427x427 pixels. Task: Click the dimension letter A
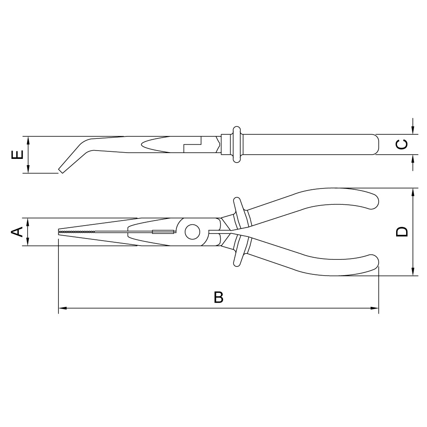pos(17,232)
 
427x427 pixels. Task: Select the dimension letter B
pos(219,297)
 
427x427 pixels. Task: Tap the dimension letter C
pos(402,144)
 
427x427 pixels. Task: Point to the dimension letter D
pos(402,231)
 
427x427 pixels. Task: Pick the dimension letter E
pos(17,155)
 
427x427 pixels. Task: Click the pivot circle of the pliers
pos(192,232)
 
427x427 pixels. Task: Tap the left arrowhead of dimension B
pos(63,308)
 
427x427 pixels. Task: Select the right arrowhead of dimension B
pos(374,308)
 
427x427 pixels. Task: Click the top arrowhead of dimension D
pos(413,192)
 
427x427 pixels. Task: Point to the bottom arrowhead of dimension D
pos(413,271)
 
